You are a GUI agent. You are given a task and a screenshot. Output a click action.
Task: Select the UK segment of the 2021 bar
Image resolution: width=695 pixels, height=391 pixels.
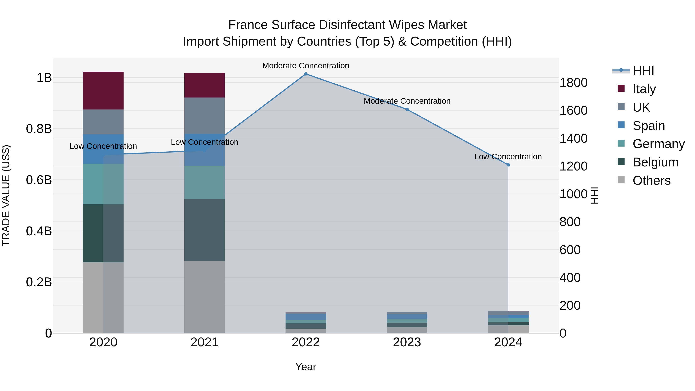[x=204, y=115]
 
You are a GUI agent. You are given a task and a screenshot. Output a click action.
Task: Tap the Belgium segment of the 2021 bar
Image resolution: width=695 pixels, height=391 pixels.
[x=204, y=230]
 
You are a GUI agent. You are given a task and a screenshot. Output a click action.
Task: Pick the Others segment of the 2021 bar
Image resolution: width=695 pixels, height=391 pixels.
[x=204, y=297]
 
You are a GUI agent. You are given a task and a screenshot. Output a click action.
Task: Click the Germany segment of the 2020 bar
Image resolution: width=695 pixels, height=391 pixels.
[x=103, y=184]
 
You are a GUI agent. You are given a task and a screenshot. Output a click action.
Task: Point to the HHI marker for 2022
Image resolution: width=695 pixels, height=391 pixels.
[x=306, y=74]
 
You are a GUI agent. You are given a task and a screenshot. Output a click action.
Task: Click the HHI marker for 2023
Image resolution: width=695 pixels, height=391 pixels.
[x=407, y=109]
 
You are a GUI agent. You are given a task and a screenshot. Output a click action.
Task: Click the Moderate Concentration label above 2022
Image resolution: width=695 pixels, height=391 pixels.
[x=306, y=66]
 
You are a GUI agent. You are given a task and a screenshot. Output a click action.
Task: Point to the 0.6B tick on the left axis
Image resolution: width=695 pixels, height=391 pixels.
[x=39, y=180]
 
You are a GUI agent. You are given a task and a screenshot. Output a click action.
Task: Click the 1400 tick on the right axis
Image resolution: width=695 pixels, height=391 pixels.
[x=573, y=138]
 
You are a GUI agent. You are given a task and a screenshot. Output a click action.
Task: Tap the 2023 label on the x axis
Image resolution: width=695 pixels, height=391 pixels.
[x=407, y=342]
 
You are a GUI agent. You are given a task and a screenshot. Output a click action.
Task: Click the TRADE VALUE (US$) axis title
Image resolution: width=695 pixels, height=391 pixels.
[x=6, y=195]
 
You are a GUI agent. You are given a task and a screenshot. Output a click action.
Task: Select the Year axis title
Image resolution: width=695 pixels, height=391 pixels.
[x=306, y=367]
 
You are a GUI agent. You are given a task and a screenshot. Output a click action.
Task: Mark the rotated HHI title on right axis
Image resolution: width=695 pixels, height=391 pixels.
[x=595, y=195]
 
